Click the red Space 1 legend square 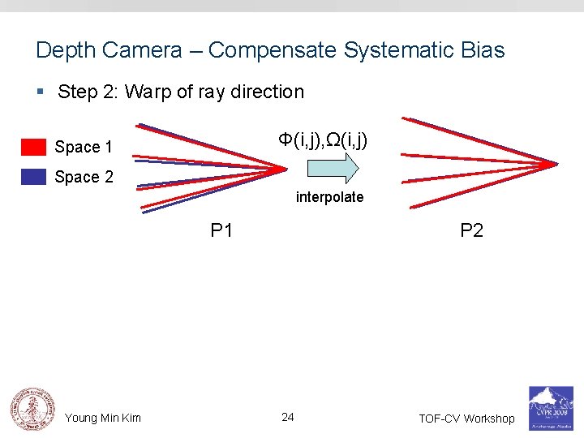click(33, 147)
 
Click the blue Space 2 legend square click(33, 177)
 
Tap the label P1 click(221, 231)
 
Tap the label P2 click(471, 231)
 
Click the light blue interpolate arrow click(333, 168)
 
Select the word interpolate click(329, 197)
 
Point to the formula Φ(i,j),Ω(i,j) click(323, 140)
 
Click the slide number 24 click(287, 417)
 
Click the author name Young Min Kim click(103, 418)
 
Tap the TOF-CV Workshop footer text click(466, 419)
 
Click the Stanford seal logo click(31, 408)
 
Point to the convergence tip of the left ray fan click(286, 169)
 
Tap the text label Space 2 click(84, 177)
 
